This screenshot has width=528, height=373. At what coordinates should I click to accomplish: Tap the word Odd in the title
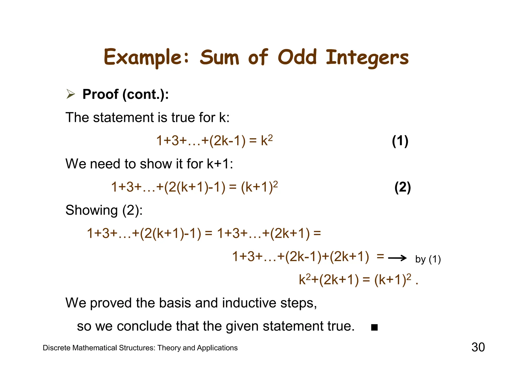[x=297, y=57]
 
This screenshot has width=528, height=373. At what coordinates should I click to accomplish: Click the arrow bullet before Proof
[x=70, y=94]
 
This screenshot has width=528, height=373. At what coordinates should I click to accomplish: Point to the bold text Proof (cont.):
[x=126, y=94]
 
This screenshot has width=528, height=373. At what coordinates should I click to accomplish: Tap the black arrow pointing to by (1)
[x=397, y=258]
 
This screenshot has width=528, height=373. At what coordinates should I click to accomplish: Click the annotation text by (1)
[x=428, y=259]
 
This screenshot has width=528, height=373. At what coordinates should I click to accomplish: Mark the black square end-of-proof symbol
[x=374, y=328]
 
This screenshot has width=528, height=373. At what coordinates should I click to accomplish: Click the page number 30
[x=478, y=347]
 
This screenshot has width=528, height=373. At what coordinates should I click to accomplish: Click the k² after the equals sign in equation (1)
[x=267, y=141]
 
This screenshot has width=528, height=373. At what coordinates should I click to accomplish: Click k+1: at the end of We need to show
[x=220, y=164]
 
